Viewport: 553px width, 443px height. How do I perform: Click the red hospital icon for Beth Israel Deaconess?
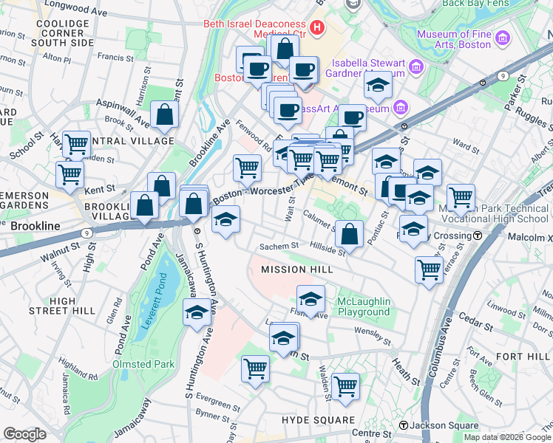tap(318, 29)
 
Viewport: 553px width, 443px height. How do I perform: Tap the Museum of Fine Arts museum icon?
tap(503, 38)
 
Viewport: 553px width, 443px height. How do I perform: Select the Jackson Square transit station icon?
tap(404, 425)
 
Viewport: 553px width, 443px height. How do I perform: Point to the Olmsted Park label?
tap(143, 364)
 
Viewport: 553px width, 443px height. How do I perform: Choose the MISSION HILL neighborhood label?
tap(296, 270)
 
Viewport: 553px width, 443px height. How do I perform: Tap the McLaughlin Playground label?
tap(363, 306)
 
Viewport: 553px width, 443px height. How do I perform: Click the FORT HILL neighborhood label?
tap(524, 357)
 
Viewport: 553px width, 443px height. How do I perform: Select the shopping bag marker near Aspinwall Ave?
tap(164, 115)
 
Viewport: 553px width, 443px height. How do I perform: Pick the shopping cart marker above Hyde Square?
tap(345, 386)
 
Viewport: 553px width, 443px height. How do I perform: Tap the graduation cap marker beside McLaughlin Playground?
tap(311, 299)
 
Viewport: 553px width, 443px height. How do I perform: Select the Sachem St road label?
tap(278, 247)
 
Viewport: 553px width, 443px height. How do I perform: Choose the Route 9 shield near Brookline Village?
tap(88, 233)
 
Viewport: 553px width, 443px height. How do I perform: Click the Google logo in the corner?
tap(24, 434)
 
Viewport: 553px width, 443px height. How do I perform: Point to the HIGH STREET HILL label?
tap(64, 306)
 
